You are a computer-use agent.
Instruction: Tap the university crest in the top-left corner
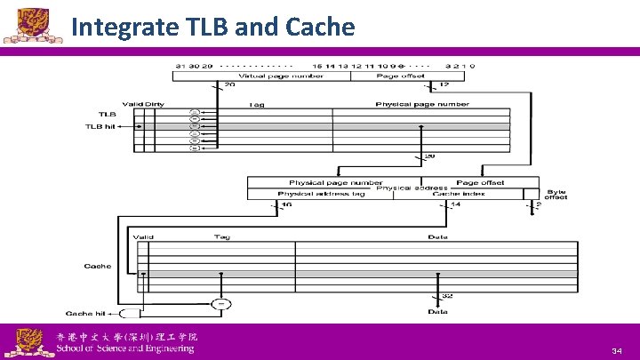(24, 24)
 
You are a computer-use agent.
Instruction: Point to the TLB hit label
(100, 126)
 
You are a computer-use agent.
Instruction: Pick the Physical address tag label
(309, 194)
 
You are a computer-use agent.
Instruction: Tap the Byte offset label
(556, 194)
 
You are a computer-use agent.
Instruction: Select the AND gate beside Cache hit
(129, 314)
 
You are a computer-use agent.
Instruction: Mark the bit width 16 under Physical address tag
(285, 205)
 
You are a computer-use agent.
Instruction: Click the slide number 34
(616, 352)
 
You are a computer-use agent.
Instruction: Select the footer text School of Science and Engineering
(125, 348)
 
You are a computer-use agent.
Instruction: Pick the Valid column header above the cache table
(142, 237)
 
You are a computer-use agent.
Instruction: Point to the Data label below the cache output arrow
(437, 312)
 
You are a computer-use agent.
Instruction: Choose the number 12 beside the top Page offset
(445, 84)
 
